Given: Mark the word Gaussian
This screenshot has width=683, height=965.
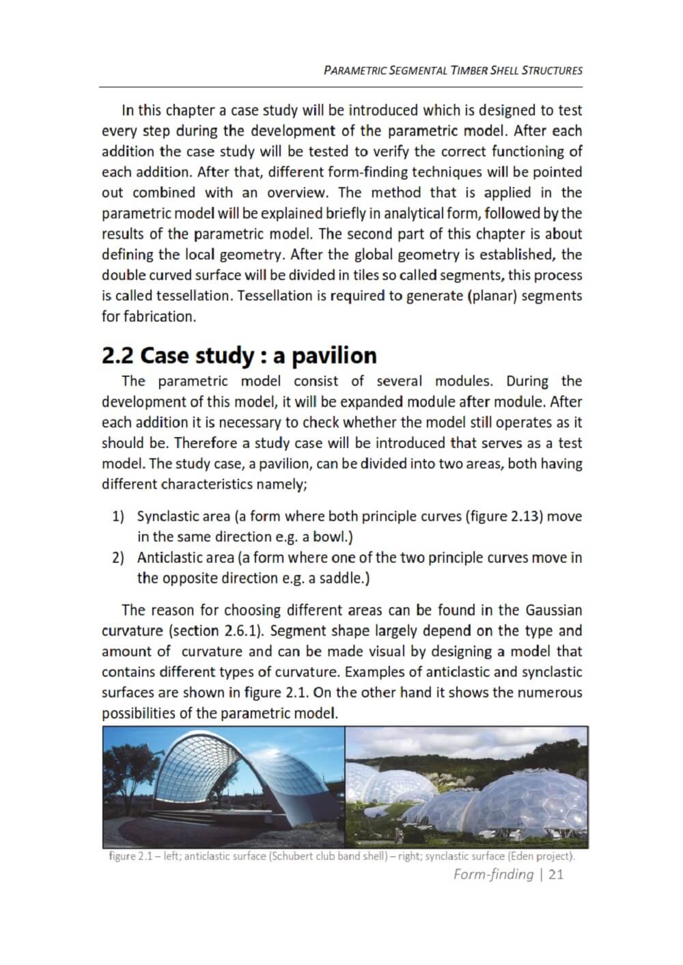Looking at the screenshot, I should click(x=554, y=610).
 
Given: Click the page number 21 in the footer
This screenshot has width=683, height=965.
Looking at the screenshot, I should click(x=555, y=874).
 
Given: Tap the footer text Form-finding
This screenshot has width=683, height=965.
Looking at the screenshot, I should click(x=493, y=874).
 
